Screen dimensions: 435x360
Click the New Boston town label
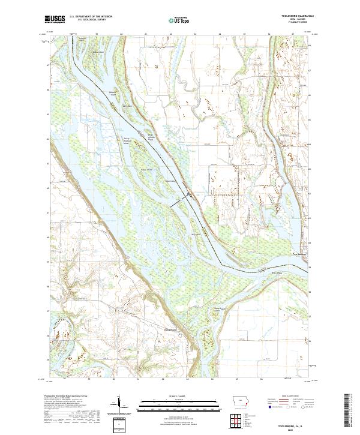click(299, 253)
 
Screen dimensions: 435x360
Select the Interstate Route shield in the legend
click(265, 412)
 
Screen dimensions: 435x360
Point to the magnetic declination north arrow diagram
click(119, 404)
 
